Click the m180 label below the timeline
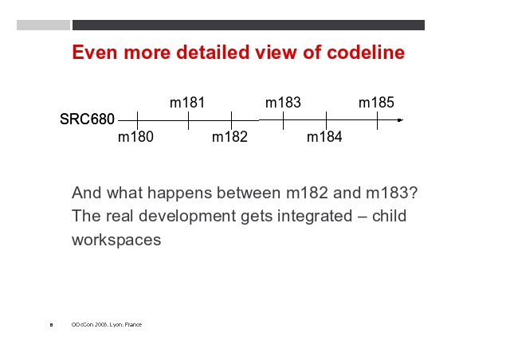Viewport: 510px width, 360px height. (135, 136)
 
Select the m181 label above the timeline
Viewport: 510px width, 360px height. (187, 103)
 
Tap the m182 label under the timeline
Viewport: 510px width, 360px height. (229, 136)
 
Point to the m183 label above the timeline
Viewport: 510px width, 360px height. (283, 103)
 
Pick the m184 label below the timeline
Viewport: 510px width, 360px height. (324, 136)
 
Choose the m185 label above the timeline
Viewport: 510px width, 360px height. (376, 103)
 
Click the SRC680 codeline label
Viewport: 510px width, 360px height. (87, 119)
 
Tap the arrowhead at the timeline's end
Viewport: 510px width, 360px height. (401, 120)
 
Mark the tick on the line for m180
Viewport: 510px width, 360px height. (137, 120)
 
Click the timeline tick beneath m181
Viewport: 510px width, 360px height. (188, 120)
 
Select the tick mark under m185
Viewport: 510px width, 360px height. (377, 120)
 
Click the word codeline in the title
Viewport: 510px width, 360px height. (366, 52)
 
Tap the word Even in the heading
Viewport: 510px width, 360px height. (95, 52)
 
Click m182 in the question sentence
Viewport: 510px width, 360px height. (307, 193)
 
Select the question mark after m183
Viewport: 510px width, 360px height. (414, 193)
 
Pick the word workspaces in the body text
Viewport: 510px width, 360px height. (116, 241)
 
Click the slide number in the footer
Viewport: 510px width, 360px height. (51, 324)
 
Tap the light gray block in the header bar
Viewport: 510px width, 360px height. (43, 25)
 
